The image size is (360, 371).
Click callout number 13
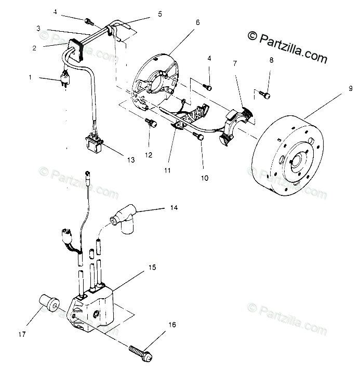130,160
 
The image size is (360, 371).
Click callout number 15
152,268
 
